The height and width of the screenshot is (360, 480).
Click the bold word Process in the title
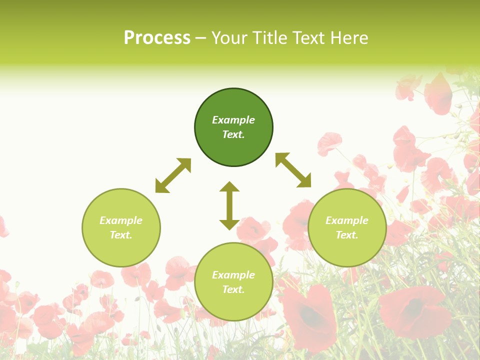tap(157, 38)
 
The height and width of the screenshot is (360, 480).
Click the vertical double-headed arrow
tap(229, 205)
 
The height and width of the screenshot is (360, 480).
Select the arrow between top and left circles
tap(173, 175)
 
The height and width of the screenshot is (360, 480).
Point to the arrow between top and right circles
tap(293, 170)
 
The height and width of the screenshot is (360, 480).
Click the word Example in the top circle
tap(233, 120)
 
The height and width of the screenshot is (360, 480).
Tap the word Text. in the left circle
tap(121, 235)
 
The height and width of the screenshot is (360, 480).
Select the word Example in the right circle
tap(347, 220)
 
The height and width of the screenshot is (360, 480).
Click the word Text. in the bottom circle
tap(233, 289)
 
